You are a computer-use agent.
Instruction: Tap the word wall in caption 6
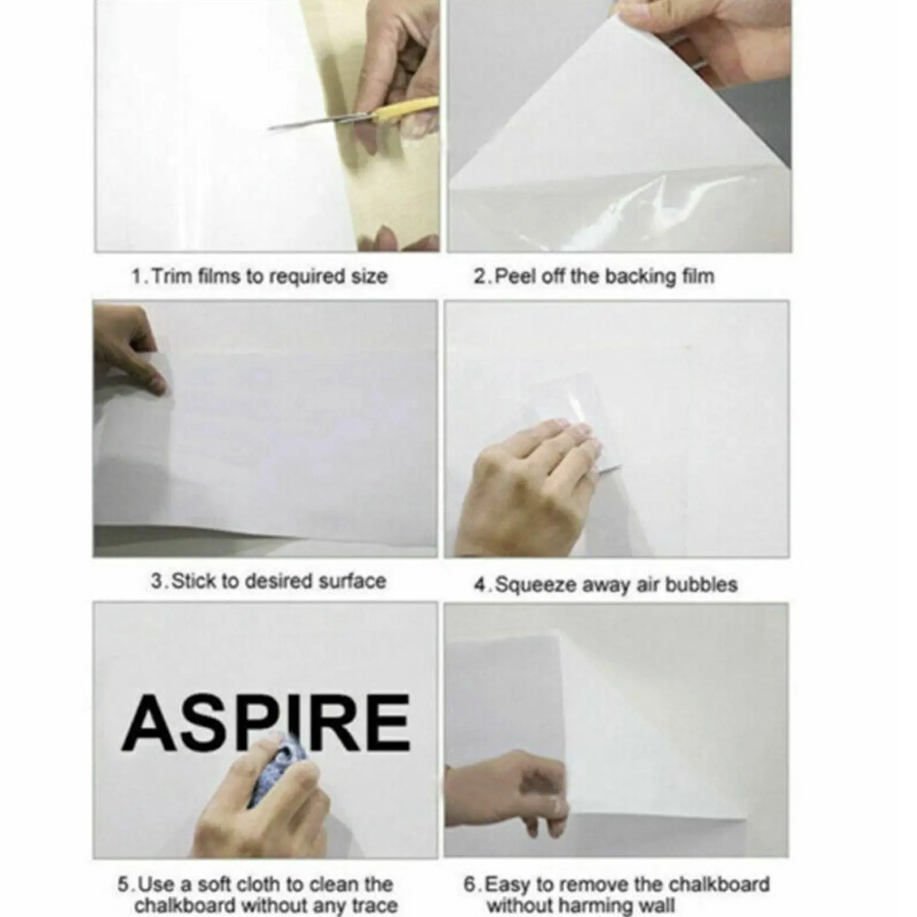(x=656, y=907)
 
